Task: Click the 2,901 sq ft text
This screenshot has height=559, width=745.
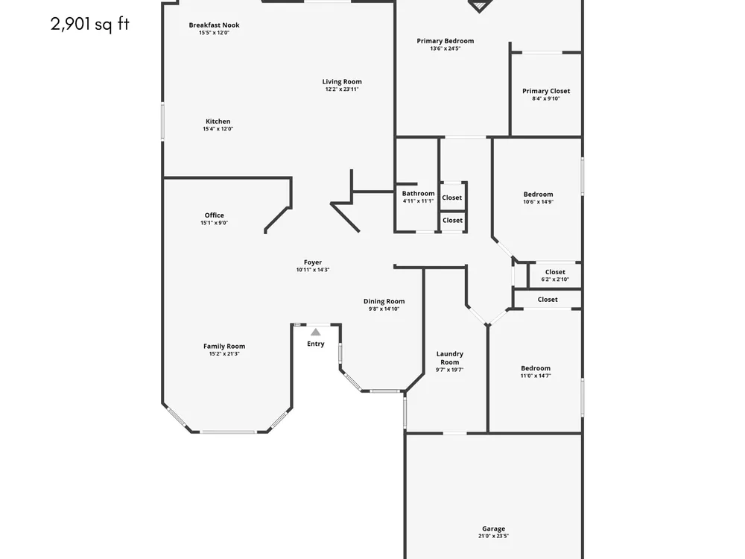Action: coord(90,24)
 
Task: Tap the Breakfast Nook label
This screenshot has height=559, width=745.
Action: coord(215,25)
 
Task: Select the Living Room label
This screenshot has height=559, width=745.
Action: coord(342,82)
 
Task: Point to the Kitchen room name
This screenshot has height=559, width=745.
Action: coord(218,121)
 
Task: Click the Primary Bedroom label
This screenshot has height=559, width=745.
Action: coord(446,41)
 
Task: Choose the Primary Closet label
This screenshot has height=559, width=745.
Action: coord(546,91)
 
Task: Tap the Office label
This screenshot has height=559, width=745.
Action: coord(215,215)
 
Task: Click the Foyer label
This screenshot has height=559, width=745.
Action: coord(313,262)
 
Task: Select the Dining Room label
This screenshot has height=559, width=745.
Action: coord(384,301)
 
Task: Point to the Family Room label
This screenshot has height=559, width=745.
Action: coord(224,347)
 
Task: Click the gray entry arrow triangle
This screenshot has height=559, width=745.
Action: coord(315,332)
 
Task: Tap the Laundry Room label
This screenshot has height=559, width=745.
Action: coord(450,358)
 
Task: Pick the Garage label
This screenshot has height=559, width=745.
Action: coord(494,528)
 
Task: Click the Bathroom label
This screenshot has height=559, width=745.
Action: coord(418,194)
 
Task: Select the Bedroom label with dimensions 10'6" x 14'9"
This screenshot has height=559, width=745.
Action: coord(539,195)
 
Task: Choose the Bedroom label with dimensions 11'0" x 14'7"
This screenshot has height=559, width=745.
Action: coord(536,368)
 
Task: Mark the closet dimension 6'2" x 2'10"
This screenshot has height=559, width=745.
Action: coord(555,279)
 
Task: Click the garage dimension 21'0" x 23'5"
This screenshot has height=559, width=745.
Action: coord(493,536)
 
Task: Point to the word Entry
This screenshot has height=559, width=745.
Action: coord(315,344)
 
